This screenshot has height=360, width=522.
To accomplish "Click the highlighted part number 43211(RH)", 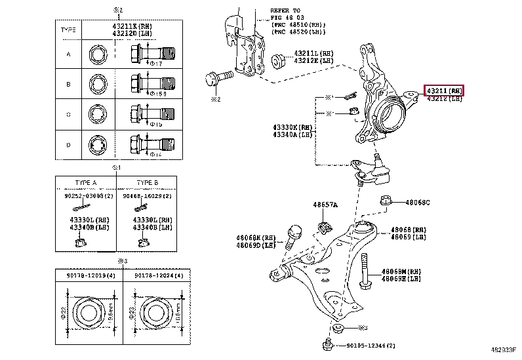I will coord(445,90).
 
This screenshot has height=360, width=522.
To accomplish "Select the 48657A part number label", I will coord(325,205).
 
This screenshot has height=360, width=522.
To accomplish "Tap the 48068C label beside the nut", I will coord(417,203).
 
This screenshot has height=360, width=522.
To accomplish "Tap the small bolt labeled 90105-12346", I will coord(327,344).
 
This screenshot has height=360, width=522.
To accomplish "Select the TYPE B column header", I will coord(147,182).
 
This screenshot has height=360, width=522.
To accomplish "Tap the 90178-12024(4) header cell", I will coord(159,276).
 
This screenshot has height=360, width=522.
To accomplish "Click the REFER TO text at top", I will coord(285,11).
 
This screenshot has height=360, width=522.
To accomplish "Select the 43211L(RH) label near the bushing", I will coord(313,53).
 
